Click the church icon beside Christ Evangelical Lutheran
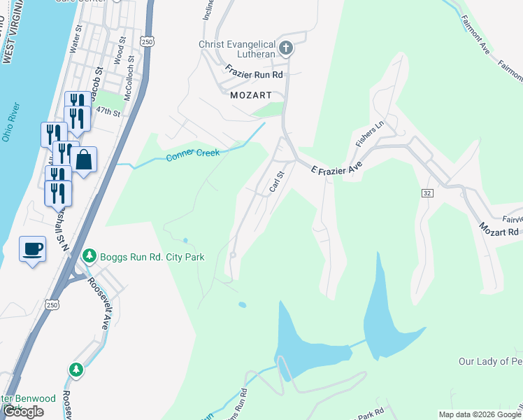285,48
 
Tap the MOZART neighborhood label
250,94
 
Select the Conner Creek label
193,154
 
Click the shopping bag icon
83,160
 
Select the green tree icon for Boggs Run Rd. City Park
89,257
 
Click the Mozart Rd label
499,229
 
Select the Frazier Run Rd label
254,73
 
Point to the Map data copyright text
480,414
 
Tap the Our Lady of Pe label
489,361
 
